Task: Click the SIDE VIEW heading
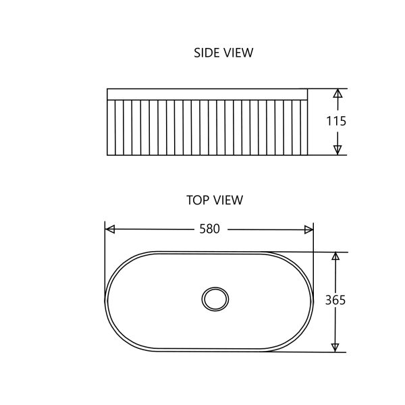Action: tap(223, 53)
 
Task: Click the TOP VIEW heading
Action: tap(214, 200)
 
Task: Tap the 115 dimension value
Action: tap(335, 122)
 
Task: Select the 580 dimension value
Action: tap(209, 230)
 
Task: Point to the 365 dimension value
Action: tap(335, 300)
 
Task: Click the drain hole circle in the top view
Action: tap(215, 298)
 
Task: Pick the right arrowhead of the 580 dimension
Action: tap(308, 230)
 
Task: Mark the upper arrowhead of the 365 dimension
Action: tap(335, 257)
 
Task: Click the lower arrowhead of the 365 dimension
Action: tap(335, 347)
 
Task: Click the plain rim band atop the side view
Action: tap(207, 94)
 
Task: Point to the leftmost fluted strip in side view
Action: tap(111, 128)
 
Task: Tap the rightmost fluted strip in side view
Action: tap(304, 128)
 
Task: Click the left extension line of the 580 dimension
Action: tap(105, 256)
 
